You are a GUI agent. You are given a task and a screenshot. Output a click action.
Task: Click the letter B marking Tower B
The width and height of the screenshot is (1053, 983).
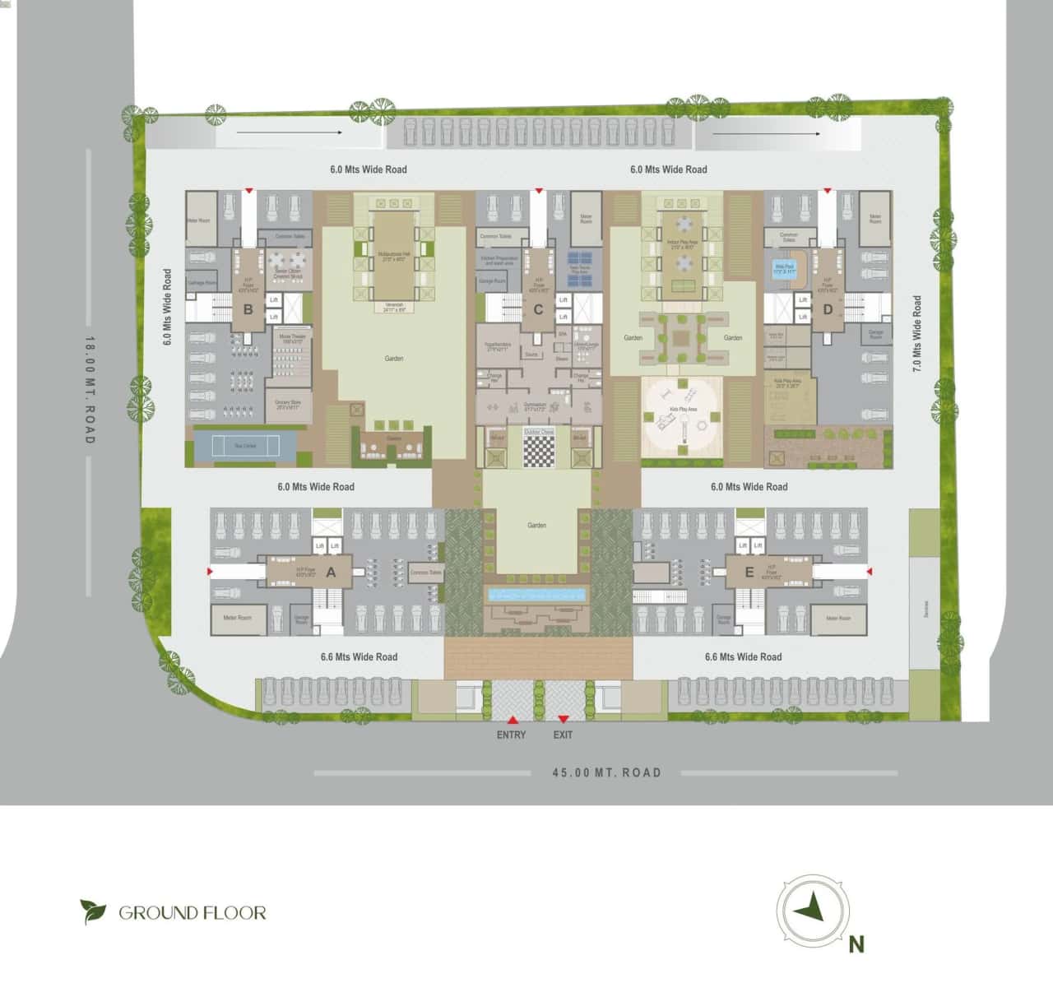(248, 310)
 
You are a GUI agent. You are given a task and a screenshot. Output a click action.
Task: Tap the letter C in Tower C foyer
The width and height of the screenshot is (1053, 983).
(538, 310)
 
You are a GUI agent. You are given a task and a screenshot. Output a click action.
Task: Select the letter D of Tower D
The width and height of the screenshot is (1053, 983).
(828, 310)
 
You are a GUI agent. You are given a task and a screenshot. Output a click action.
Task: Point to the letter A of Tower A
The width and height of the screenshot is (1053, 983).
(332, 573)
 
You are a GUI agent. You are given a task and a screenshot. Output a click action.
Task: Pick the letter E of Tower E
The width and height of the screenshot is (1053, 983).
(748, 573)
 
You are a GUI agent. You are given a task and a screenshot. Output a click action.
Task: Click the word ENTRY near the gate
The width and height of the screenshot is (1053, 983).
(511, 735)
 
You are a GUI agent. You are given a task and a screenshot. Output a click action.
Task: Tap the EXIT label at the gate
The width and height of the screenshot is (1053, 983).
(563, 735)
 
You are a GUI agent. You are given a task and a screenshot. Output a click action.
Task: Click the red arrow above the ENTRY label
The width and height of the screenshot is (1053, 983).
(511, 718)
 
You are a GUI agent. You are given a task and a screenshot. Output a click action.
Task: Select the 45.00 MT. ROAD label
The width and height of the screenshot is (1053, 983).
(606, 772)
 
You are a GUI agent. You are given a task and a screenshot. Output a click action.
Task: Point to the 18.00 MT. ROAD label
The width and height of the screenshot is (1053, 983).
(90, 389)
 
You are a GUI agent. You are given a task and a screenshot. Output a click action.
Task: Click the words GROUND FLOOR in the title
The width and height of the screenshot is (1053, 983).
(193, 912)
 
